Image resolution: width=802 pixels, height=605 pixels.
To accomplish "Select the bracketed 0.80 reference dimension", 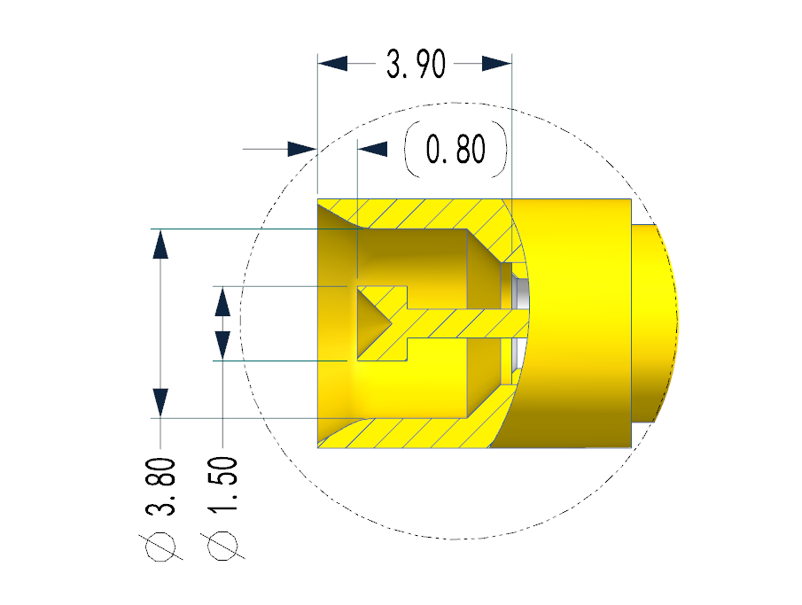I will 456,150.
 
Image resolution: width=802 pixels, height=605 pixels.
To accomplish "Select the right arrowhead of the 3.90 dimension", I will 498,64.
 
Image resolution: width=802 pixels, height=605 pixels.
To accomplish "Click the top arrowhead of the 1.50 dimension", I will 222,301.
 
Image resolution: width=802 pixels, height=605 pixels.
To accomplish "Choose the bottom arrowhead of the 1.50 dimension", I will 222,345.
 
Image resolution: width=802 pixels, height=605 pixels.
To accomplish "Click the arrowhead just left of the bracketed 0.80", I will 373,149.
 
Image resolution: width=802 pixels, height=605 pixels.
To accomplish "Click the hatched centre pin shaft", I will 452,324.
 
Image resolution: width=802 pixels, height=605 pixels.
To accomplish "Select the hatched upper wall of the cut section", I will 417,213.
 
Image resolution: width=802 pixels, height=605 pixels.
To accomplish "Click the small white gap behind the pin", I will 522,292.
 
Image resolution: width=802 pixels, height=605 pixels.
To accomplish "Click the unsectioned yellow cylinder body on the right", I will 576,322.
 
